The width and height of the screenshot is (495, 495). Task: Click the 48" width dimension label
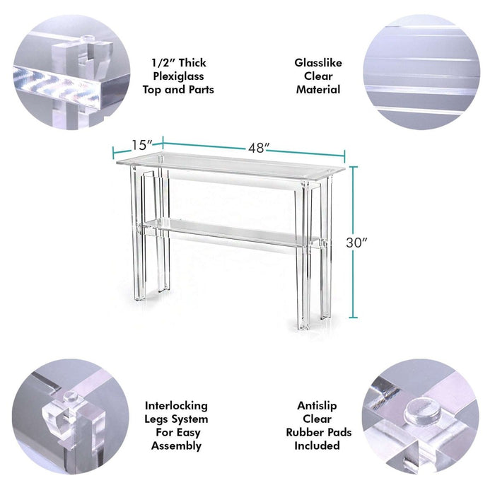coord(259,148)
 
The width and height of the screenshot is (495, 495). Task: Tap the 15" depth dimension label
coord(141,145)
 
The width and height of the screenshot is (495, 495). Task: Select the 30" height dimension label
coord(356,243)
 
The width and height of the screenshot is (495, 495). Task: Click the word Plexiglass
coord(178,76)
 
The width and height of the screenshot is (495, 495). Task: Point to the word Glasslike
coord(318,62)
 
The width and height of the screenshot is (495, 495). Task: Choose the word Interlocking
coord(176,406)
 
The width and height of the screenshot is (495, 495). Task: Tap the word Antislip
coord(317,406)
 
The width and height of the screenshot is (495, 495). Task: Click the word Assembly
coord(176,445)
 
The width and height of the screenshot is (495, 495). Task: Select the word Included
coord(317,445)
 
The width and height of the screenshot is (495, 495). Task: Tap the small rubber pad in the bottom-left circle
coord(71,397)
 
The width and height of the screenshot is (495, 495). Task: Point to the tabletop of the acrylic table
coord(231,163)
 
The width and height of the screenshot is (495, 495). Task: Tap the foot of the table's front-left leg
coord(139,297)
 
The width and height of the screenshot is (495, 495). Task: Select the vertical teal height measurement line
coord(354,242)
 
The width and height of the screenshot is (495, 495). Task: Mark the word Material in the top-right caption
coord(318,90)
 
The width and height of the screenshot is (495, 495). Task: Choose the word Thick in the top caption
coord(192,62)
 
